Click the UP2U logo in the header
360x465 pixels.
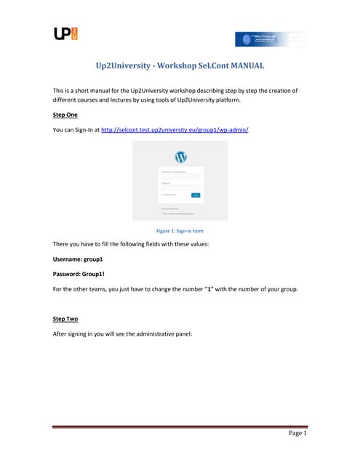click(65, 33)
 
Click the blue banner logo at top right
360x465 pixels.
click(271, 39)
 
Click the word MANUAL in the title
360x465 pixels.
click(245, 66)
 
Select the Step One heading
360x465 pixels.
click(67, 116)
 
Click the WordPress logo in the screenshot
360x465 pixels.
click(180, 157)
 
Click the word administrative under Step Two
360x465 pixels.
click(156, 333)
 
